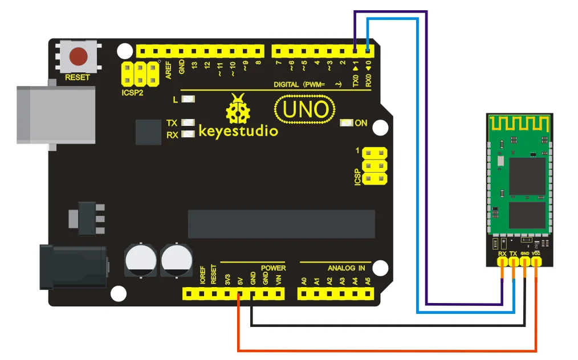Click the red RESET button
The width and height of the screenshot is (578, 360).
point(79,56)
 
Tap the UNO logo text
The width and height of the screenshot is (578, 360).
point(305,109)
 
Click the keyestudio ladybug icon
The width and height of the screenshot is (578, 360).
point(238,109)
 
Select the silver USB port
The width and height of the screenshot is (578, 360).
point(56,114)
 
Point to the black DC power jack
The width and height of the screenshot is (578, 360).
point(74,267)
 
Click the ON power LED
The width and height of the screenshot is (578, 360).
point(346,122)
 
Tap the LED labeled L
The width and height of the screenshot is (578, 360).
point(188,99)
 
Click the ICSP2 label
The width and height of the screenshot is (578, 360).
point(132,92)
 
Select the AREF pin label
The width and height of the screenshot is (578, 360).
point(169,70)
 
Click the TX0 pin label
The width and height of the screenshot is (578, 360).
point(355,81)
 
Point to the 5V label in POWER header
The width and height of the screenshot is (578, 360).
point(241,281)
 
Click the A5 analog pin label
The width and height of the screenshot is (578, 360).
point(368,281)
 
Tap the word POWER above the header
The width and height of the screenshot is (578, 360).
point(273,268)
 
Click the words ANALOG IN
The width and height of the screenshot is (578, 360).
point(346,268)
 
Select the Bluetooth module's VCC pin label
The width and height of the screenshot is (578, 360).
point(536,253)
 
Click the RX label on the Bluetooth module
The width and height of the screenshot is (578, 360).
point(502,253)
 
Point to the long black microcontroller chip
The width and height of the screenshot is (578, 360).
point(282,224)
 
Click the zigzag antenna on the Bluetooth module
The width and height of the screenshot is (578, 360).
point(519,124)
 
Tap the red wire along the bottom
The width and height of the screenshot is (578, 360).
point(387,350)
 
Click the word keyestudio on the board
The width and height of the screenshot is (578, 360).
point(238,131)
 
